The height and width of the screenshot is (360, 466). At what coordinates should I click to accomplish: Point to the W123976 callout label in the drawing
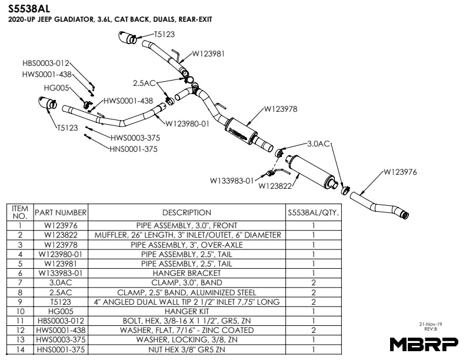pos(400,172)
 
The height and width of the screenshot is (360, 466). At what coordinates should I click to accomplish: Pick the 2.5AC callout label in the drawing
pos(144,83)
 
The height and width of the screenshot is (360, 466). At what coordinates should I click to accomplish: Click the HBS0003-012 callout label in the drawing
pos(46,62)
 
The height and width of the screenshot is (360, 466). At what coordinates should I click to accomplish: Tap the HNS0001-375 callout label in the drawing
pos(134,149)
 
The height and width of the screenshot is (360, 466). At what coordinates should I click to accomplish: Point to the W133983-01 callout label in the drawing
pos(232,181)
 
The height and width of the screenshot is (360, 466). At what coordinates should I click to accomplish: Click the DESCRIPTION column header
pos(187,212)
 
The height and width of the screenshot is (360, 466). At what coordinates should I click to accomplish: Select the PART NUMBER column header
pos(61,212)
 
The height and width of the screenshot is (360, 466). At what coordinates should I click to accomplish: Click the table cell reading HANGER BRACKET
pos(187,273)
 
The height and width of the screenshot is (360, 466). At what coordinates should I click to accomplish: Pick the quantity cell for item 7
pos(314,282)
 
